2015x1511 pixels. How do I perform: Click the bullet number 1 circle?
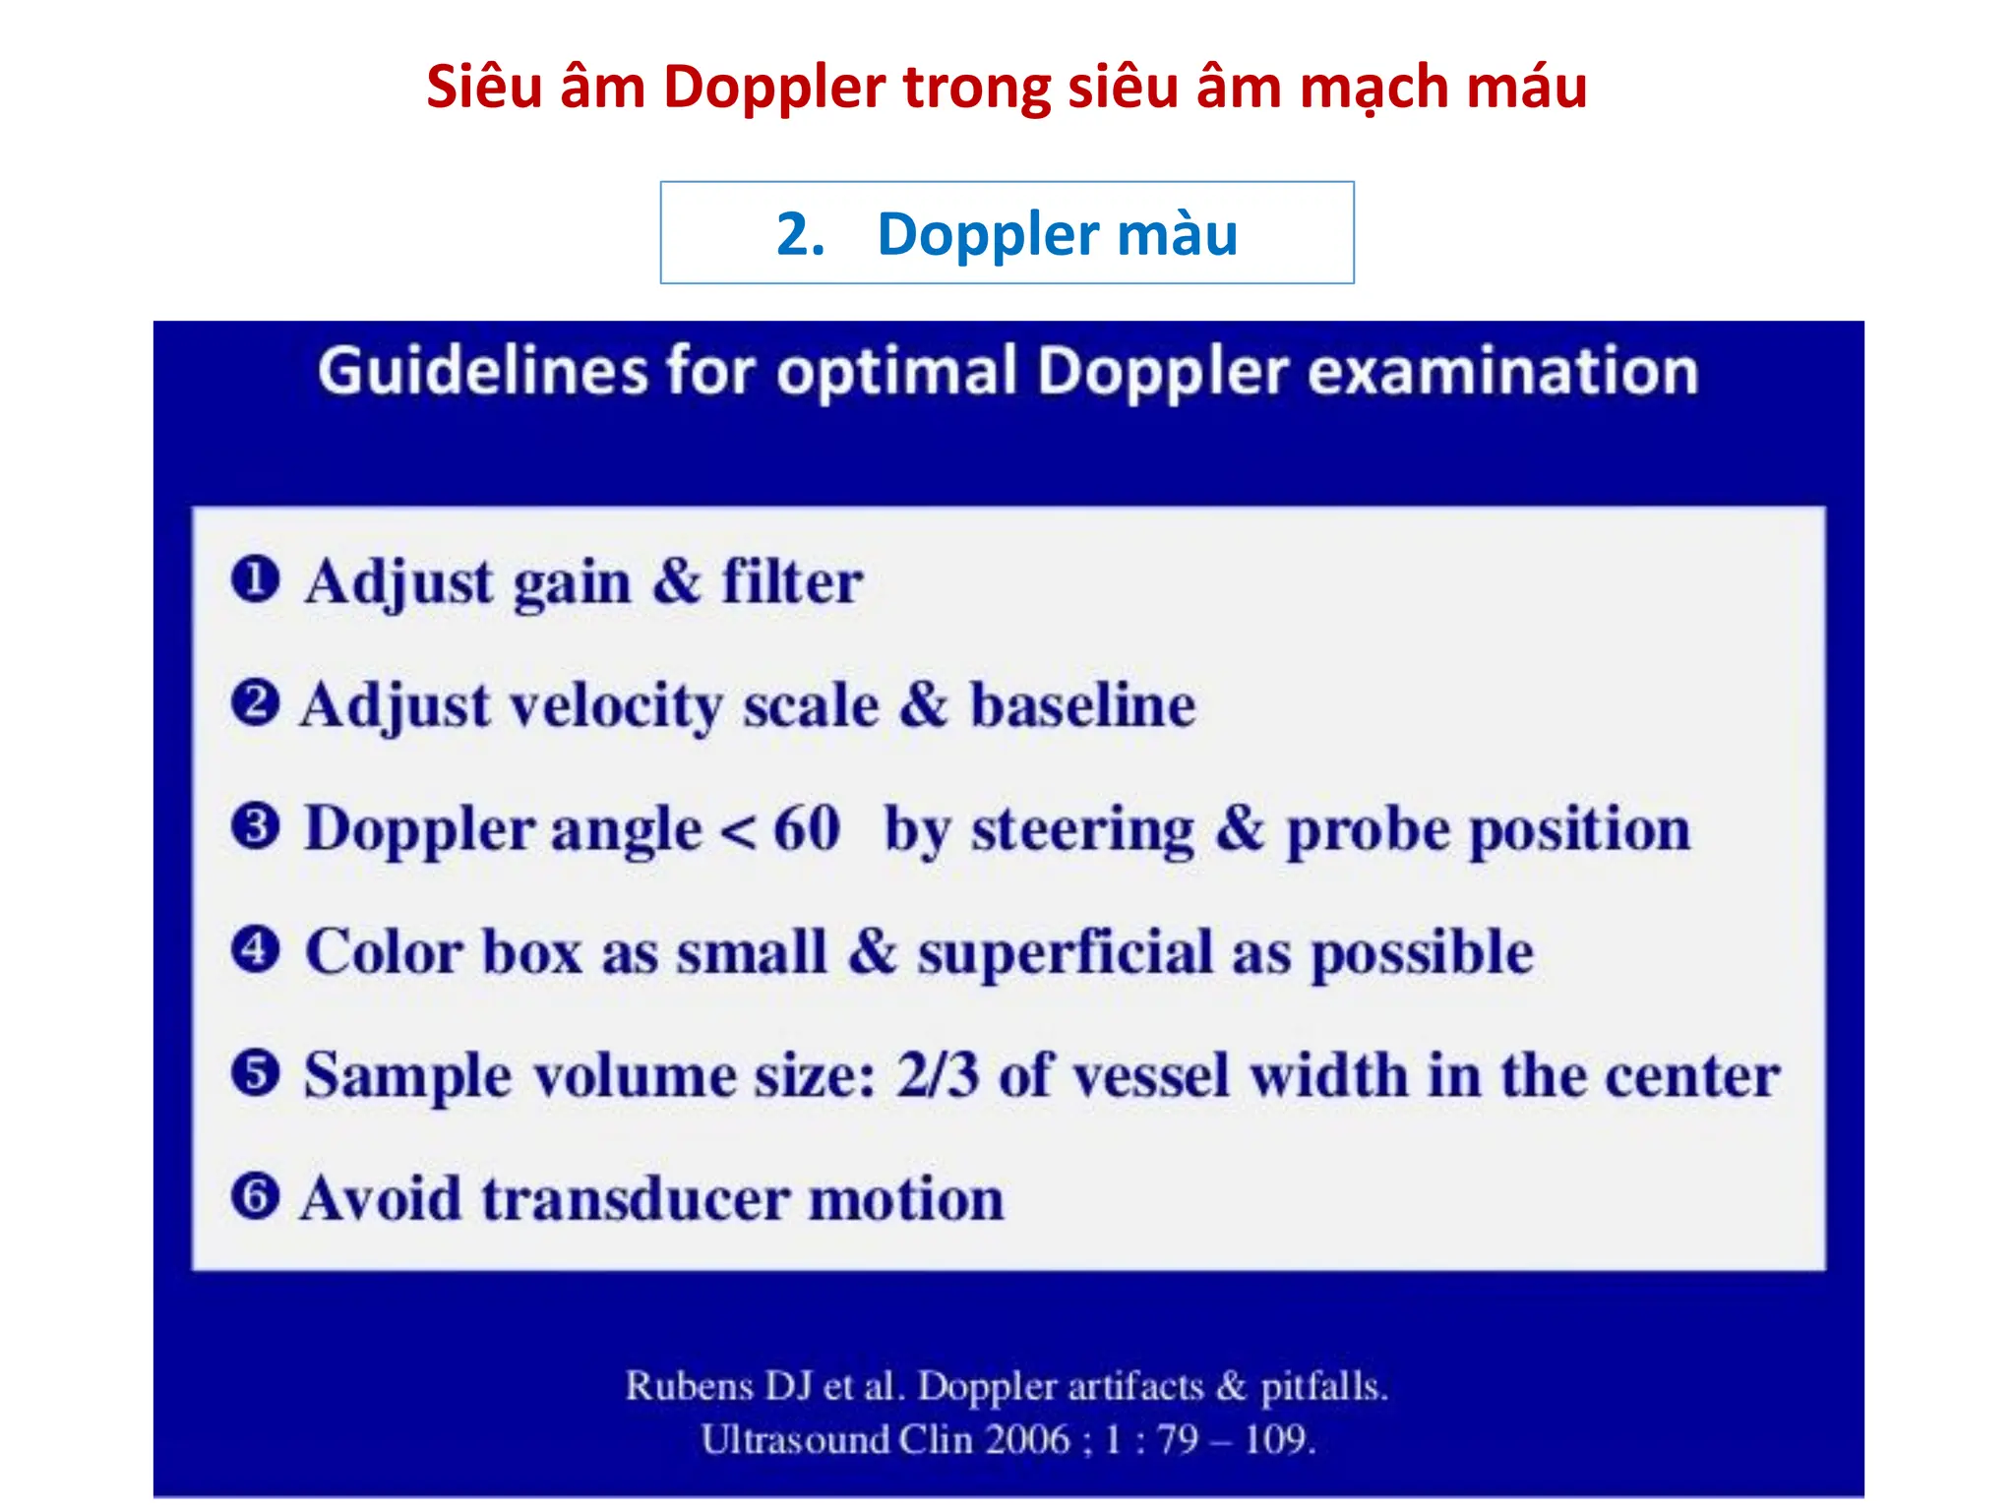click(255, 579)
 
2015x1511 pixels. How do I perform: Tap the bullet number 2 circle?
click(255, 703)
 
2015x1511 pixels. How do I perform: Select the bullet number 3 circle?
click(255, 826)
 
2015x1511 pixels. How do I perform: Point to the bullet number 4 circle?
click(255, 950)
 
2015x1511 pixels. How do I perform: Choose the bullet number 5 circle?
click(255, 1073)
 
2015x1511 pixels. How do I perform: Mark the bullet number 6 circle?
click(255, 1196)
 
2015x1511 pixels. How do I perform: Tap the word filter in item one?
click(792, 581)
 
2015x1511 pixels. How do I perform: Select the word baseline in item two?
click(1083, 705)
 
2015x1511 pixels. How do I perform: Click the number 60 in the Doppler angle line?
click(807, 828)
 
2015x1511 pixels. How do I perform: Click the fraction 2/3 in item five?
click(937, 1074)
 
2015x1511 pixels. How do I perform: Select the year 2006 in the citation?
click(1027, 1439)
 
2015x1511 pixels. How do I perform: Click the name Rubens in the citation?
click(690, 1385)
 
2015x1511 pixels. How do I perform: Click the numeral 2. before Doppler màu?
click(800, 234)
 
